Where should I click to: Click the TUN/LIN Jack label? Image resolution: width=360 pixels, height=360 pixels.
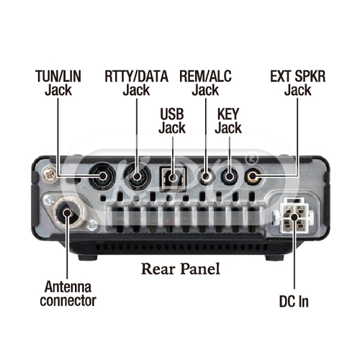[58, 83]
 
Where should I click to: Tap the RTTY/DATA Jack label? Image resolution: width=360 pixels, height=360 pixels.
[136, 83]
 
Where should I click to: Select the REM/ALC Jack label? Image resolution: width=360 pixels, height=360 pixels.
[205, 83]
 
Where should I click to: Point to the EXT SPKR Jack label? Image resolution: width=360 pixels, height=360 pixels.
[298, 83]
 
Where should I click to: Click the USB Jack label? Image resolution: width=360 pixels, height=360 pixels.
[172, 121]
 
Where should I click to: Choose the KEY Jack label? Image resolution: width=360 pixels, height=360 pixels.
[228, 121]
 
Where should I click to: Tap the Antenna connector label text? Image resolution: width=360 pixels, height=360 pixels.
[68, 294]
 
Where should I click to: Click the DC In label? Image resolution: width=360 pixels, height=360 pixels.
[294, 302]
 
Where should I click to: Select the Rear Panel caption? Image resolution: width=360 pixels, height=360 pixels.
[181, 269]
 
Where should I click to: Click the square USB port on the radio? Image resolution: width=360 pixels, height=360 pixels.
[173, 179]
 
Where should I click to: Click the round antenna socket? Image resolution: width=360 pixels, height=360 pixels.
[68, 212]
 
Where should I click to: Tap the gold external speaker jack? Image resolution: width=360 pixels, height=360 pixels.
[253, 176]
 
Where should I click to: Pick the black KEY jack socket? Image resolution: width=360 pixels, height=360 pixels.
[229, 176]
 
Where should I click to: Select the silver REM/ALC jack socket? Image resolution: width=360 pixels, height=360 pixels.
[205, 176]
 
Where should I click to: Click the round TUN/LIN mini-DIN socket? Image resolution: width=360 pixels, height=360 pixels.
[102, 176]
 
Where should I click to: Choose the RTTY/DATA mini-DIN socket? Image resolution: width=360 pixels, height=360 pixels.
[138, 176]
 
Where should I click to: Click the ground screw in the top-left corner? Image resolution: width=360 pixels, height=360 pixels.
[50, 174]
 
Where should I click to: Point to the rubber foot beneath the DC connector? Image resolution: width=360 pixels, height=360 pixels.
[275, 258]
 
